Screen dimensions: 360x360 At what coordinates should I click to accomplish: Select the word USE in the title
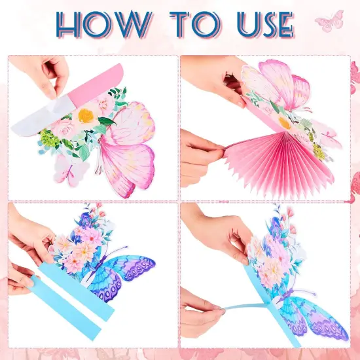tap(265, 25)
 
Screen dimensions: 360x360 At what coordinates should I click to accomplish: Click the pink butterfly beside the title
tap(329, 21)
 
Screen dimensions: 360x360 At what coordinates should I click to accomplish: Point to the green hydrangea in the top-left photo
tap(50, 138)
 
